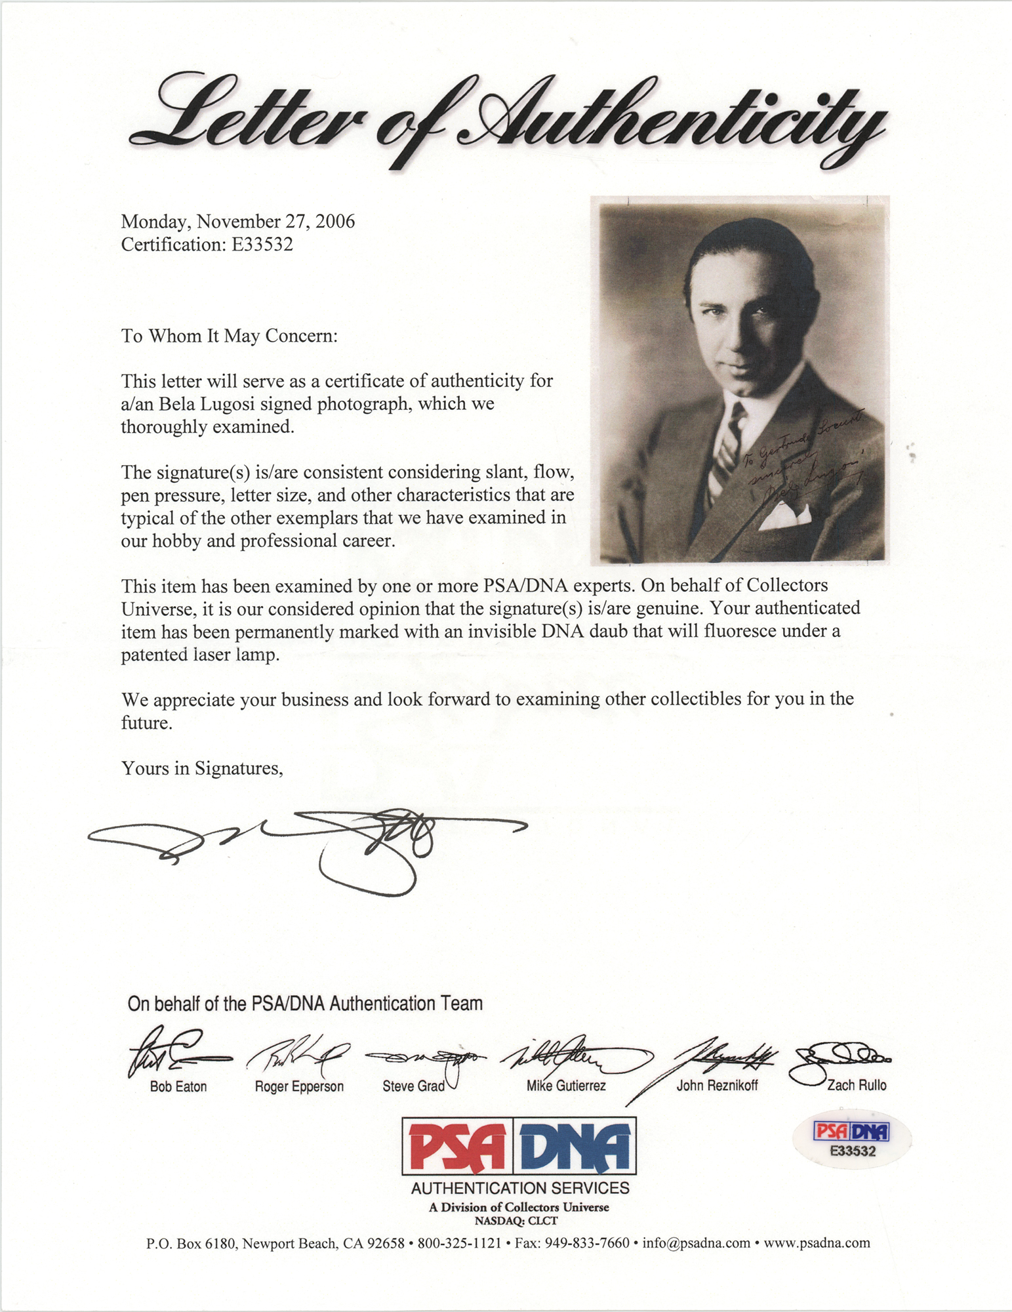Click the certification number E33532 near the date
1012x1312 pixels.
click(261, 245)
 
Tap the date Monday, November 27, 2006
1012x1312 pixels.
click(237, 221)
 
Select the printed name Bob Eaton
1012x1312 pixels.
click(178, 1086)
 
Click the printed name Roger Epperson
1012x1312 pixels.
click(299, 1086)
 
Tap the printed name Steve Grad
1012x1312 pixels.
click(413, 1086)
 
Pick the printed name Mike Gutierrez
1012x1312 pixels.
click(566, 1086)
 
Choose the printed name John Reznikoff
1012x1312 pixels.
click(717, 1086)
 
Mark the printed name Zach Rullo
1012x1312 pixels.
click(856, 1085)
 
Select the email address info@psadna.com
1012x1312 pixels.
click(696, 1242)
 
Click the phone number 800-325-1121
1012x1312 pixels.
click(459, 1242)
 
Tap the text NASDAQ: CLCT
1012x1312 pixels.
click(516, 1221)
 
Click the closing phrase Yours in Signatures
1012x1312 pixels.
click(202, 768)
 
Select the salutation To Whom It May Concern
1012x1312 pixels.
click(229, 336)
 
